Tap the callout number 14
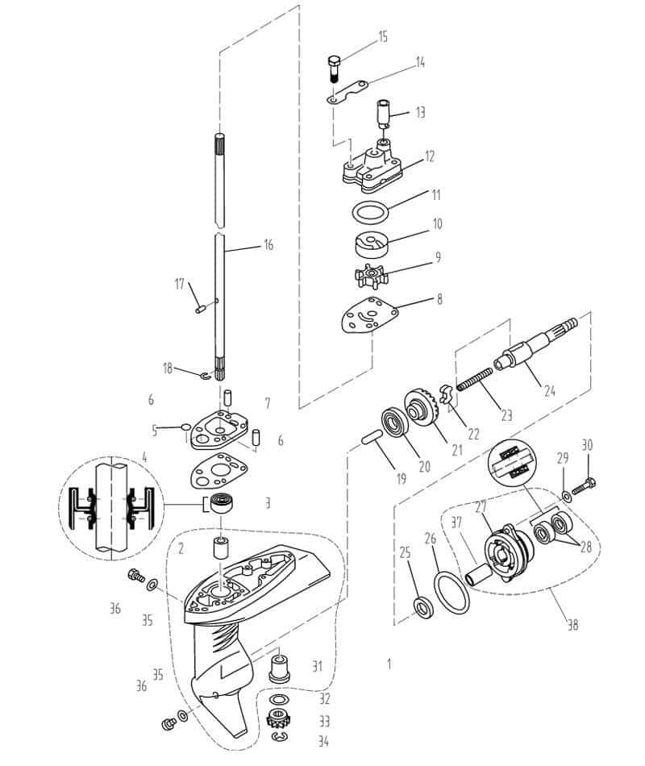point(420,63)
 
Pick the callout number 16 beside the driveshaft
point(268,244)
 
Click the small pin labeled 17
point(199,310)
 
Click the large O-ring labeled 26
point(451,594)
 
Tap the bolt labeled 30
point(582,486)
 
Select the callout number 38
point(572,625)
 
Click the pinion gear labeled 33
point(278,719)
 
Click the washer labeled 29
point(567,497)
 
